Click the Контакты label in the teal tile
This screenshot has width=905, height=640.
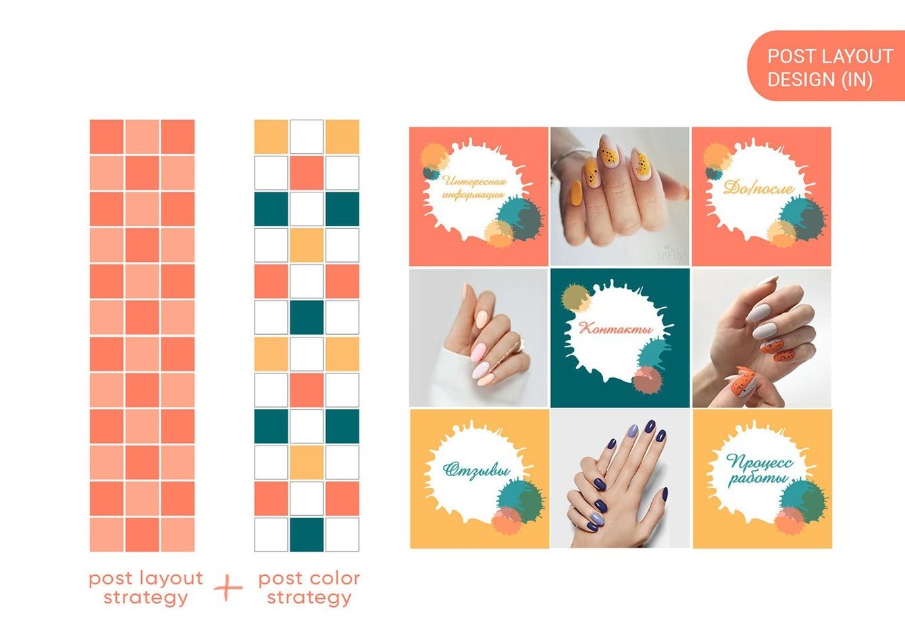[616, 328]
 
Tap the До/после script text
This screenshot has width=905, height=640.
[758, 188]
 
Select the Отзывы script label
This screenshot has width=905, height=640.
[477, 470]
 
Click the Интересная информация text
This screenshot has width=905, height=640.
[474, 188]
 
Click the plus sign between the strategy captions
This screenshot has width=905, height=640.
[228, 587]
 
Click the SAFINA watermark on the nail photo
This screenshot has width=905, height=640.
[672, 255]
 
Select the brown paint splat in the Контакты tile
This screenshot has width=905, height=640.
[648, 380]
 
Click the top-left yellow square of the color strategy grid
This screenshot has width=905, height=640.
[271, 136]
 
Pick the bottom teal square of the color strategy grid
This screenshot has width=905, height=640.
[307, 534]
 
